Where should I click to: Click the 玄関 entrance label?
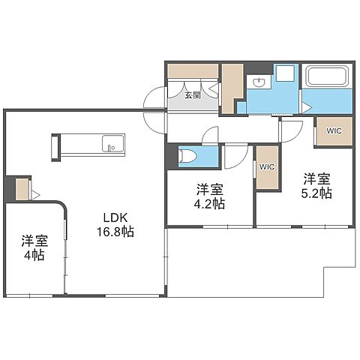(193, 95)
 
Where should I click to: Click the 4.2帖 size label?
(210, 203)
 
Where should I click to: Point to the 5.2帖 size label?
(316, 193)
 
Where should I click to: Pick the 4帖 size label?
(34, 255)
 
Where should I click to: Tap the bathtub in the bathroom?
(325, 77)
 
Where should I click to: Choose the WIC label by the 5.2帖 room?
(332, 130)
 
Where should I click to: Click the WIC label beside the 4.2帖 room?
(266, 166)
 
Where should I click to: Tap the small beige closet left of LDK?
(22, 190)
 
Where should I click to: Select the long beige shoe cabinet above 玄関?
(193, 71)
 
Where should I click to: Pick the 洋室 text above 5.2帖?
(316, 178)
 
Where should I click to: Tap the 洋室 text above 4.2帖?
(210, 188)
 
